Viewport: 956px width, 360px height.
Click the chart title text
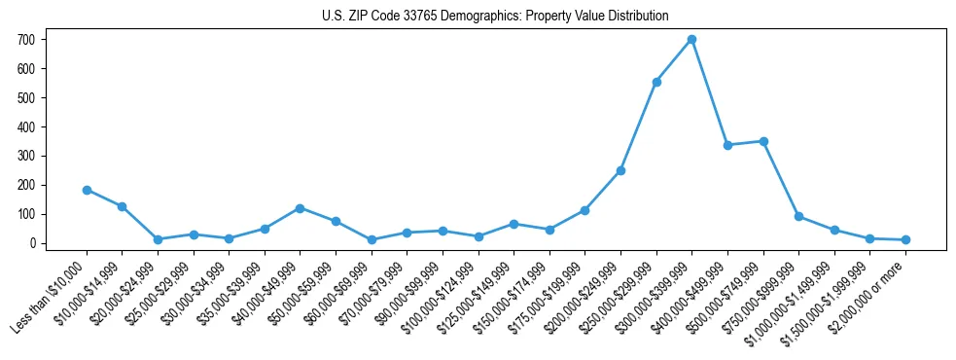[495, 16]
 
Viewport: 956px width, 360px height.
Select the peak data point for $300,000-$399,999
[691, 40]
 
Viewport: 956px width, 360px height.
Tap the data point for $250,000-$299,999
[656, 82]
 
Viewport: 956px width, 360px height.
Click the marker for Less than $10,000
[87, 190]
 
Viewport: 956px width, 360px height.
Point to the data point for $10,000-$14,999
[123, 206]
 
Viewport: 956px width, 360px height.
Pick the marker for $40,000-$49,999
[300, 208]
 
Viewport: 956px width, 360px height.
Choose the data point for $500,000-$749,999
[763, 141]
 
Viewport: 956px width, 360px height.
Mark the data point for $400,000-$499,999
[727, 145]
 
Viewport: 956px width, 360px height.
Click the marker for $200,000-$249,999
[620, 170]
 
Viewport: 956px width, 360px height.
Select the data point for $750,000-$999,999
[798, 216]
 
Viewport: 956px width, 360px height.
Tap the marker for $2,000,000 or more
[905, 239]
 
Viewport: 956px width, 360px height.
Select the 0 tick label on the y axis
[35, 243]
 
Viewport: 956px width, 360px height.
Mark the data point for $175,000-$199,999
[584, 210]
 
